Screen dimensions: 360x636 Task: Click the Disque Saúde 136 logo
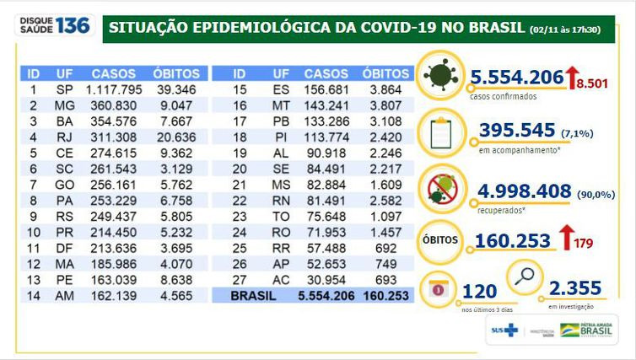point(53,25)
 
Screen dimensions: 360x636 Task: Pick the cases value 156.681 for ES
point(326,89)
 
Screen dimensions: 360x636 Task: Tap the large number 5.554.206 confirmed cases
point(517,78)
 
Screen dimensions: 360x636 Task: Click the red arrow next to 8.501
point(572,79)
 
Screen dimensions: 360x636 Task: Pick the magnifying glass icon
point(524,276)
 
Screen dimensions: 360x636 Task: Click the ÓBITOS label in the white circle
point(439,240)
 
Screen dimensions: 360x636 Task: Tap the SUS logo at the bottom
point(504,330)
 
